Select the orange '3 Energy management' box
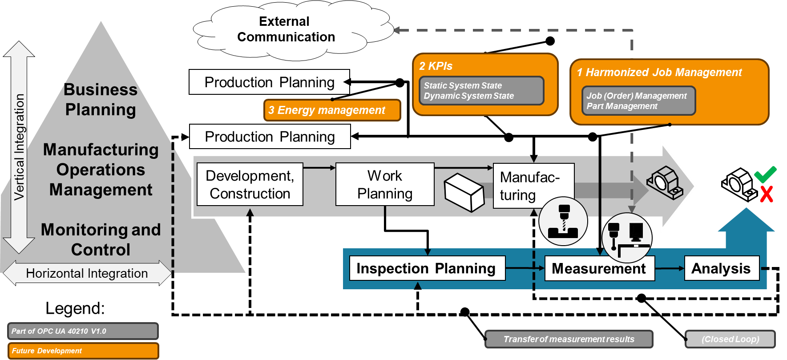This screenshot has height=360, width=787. [332, 110]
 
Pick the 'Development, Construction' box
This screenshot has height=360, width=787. [250, 184]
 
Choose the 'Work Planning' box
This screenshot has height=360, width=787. [384, 184]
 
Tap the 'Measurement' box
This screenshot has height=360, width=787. [599, 268]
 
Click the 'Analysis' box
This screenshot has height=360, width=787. [721, 268]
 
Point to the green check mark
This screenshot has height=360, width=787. [765, 174]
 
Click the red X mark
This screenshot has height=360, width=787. [767, 194]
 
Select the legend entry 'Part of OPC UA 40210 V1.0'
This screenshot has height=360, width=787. [83, 331]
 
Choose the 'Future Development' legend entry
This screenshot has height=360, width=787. [83, 351]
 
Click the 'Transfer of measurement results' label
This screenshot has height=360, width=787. [569, 339]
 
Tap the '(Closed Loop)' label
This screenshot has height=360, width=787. [730, 339]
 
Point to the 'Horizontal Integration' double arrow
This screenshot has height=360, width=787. [87, 273]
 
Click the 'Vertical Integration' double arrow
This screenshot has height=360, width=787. [19, 147]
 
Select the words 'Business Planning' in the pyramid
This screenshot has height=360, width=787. [101, 100]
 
